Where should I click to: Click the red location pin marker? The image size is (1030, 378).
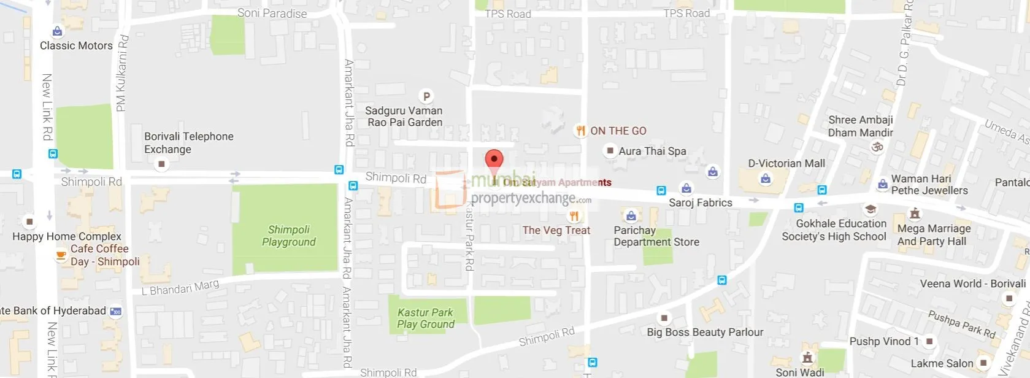pyautogui.click(x=494, y=160)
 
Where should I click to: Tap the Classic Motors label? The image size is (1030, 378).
pyautogui.click(x=76, y=45)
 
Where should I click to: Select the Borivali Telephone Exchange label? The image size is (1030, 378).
pyautogui.click(x=188, y=142)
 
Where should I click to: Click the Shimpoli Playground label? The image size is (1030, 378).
pyautogui.click(x=288, y=236)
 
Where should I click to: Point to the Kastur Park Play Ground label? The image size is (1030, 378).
pyautogui.click(x=425, y=318)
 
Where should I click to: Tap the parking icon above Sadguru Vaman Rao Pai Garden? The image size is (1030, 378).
pyautogui.click(x=426, y=96)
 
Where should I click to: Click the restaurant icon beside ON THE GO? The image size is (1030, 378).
pyautogui.click(x=580, y=130)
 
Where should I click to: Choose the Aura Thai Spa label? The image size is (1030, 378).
pyautogui.click(x=652, y=151)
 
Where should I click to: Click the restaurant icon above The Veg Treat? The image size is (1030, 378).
pyautogui.click(x=574, y=215)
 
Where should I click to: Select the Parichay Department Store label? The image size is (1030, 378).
pyautogui.click(x=656, y=236)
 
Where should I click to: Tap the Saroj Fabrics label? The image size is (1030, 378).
pyautogui.click(x=700, y=202)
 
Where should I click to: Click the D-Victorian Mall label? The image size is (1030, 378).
pyautogui.click(x=786, y=163)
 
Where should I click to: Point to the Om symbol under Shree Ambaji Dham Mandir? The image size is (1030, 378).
pyautogui.click(x=877, y=147)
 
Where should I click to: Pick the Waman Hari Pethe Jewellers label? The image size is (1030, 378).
pyautogui.click(x=929, y=184)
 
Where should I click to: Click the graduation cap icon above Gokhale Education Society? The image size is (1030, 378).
pyautogui.click(x=870, y=209)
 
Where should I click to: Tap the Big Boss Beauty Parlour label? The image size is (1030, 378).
pyautogui.click(x=705, y=332)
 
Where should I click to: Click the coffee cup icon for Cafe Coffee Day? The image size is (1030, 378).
pyautogui.click(x=61, y=255)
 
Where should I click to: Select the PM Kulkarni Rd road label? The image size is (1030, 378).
pyautogui.click(x=122, y=74)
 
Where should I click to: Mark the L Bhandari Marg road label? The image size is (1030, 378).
pyautogui.click(x=180, y=287)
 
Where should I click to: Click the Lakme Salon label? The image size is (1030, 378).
pyautogui.click(x=941, y=363)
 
